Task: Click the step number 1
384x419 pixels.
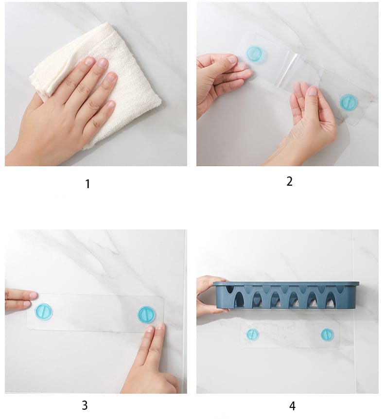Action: [x=87, y=184]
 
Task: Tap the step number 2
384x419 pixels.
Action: [x=289, y=181]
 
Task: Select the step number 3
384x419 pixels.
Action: [x=85, y=405]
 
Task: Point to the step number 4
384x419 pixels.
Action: [x=292, y=406]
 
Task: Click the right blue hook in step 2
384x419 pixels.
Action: [x=348, y=102]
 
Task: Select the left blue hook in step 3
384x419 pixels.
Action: [x=43, y=312]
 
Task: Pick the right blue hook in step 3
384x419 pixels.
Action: [x=146, y=314]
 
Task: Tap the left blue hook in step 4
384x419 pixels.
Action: [x=253, y=334]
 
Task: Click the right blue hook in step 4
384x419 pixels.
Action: [x=327, y=334]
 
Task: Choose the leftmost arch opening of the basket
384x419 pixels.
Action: [x=240, y=297]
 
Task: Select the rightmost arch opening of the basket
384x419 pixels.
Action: [x=331, y=300]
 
